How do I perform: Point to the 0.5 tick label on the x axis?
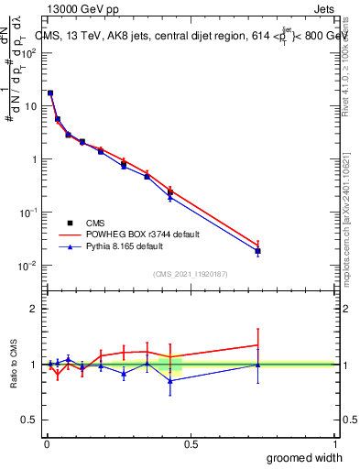[191, 443]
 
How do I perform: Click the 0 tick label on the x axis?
[46, 443]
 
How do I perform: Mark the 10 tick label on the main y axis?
[30, 106]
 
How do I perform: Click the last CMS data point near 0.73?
[258, 251]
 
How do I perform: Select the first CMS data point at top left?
[50, 93]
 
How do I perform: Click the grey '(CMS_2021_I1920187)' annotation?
[191, 273]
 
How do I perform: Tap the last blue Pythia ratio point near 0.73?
[258, 365]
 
